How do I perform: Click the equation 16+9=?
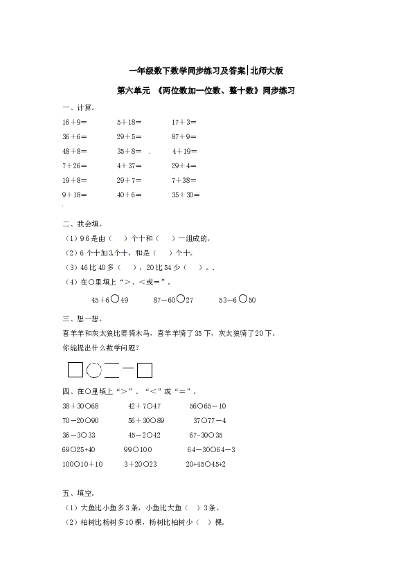74,122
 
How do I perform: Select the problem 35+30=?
186,195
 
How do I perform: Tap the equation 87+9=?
183,136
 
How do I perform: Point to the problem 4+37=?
129,165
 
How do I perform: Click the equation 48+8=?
74,152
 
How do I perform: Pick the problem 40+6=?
129,195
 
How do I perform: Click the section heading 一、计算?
78,108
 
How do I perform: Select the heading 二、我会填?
82,224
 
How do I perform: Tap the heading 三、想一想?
82,319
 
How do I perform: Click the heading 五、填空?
78,494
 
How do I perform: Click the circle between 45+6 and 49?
115,298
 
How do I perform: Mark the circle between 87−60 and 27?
180,298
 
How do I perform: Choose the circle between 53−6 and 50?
243,298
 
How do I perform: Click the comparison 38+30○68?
80,406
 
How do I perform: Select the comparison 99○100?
138,450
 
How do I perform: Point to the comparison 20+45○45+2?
206,465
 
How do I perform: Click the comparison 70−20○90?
80,420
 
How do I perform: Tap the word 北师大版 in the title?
267,71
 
